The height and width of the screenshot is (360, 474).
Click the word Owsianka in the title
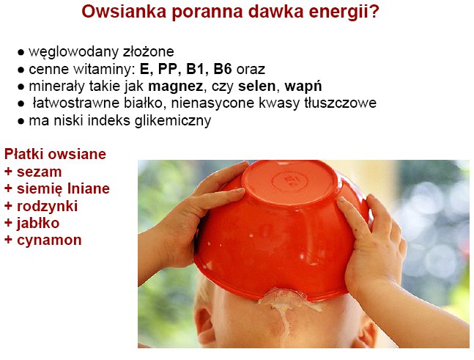[124, 12]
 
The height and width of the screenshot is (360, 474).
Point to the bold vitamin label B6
[223, 69]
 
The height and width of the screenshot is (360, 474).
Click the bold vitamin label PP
[168, 69]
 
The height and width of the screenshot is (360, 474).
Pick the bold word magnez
[175, 87]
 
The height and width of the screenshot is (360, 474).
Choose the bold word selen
[257, 87]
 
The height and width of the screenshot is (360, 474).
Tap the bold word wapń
[303, 87]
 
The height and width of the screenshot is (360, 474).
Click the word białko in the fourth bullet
[143, 103]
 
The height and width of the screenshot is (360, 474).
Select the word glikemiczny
[173, 121]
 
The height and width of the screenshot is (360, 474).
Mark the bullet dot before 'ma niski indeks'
[21, 122]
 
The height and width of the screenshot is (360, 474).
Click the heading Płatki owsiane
[55, 154]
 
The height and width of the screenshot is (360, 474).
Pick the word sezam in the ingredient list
[40, 172]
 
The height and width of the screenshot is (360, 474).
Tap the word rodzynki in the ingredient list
[47, 207]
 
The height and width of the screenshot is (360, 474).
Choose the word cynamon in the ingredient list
[49, 240]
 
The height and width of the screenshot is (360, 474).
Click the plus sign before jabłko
[8, 224]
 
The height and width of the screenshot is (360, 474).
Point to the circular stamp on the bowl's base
[289, 182]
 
